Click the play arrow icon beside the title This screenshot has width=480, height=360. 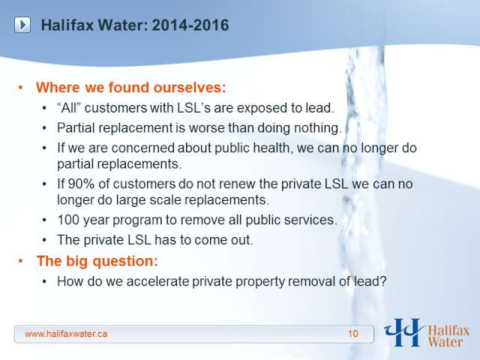(22, 25)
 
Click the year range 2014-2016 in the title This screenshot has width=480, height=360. (190, 25)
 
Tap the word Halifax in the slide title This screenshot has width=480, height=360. (67, 25)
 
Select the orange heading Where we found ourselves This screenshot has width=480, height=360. (130, 88)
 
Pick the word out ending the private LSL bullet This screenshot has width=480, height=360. (243, 240)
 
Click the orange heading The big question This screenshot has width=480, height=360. (97, 261)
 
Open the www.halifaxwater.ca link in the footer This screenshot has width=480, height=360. (66, 334)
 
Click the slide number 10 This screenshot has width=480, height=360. (353, 334)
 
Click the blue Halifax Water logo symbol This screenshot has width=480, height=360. (403, 332)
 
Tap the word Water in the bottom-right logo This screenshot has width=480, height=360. (445, 342)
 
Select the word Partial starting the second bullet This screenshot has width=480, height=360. (76, 128)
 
